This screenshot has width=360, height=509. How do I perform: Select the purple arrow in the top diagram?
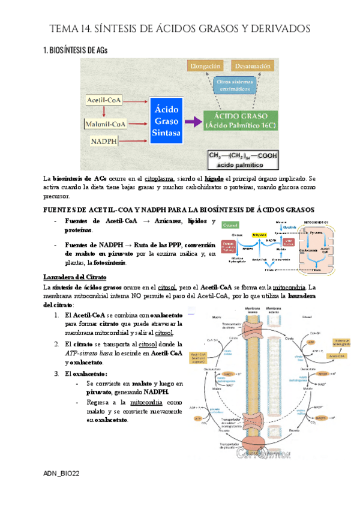pos(192,121)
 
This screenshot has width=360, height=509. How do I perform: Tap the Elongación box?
pos(205,65)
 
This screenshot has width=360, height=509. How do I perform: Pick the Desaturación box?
pos(252,65)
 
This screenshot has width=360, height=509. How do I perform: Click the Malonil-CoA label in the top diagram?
pos(106,124)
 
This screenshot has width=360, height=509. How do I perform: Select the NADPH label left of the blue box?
pos(103,141)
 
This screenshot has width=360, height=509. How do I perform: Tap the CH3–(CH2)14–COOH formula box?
pos(242,159)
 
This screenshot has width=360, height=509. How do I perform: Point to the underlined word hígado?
pos(214,178)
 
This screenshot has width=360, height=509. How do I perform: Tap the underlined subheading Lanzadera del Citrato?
pos(74,277)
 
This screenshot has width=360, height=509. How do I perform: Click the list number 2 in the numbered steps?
pos(56,344)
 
